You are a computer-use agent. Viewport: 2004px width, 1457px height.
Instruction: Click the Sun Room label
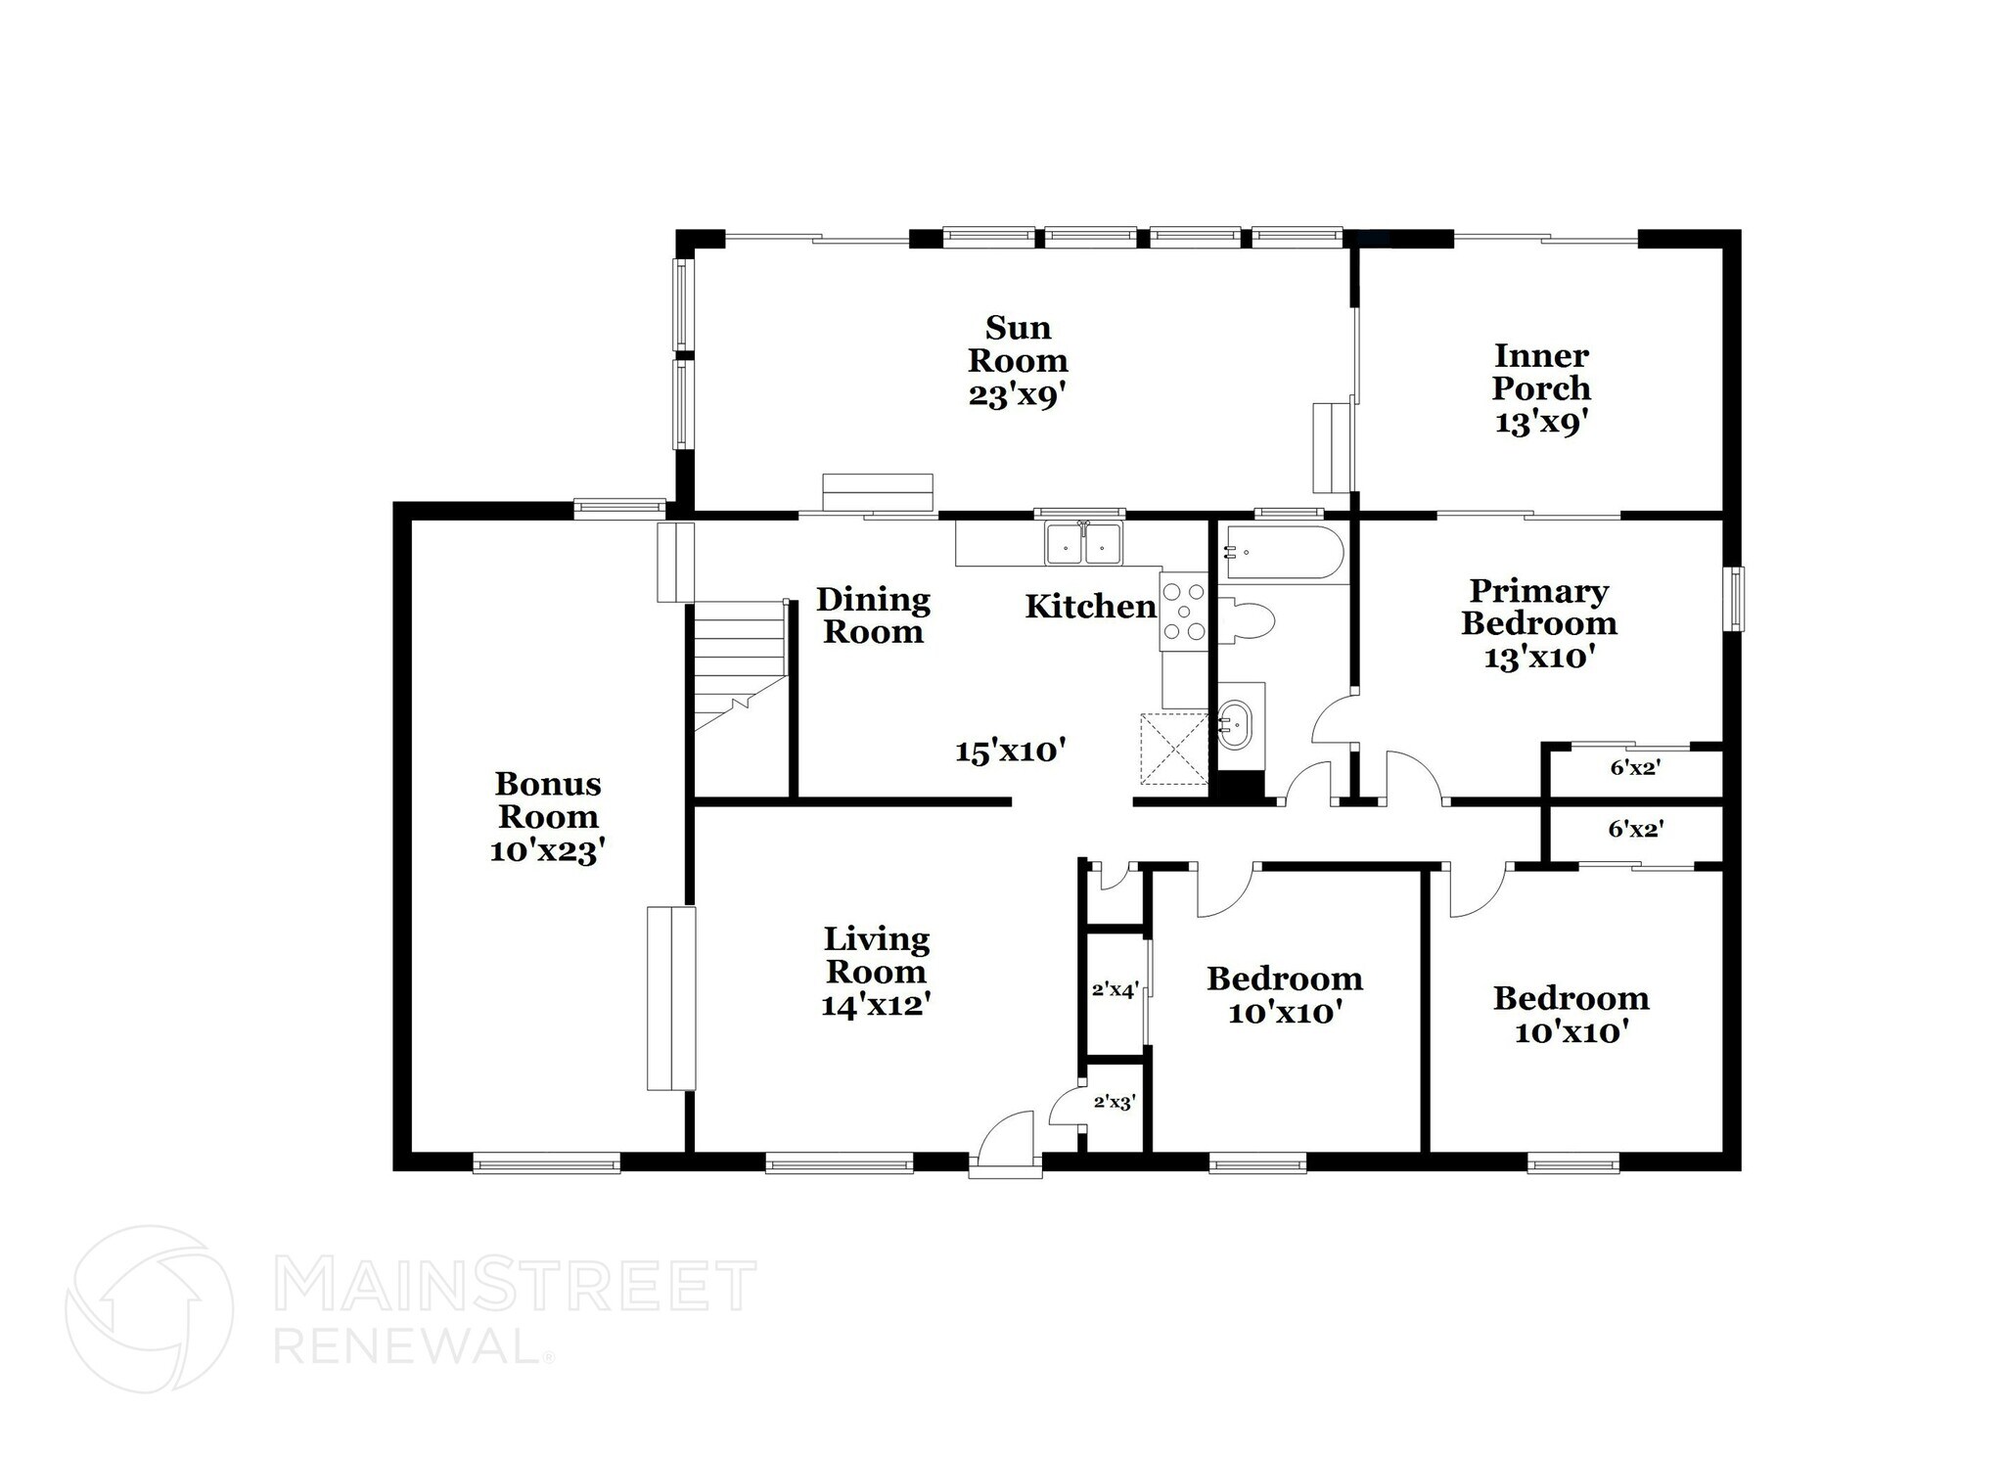[x=1018, y=343]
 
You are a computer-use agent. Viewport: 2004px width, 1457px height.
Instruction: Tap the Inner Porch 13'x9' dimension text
[x=1540, y=422]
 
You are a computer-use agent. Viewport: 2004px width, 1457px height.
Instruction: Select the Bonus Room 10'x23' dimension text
[x=547, y=851]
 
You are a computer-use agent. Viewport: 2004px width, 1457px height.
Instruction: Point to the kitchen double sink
[x=1083, y=544]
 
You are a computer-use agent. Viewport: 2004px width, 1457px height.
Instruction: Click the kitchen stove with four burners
[x=1183, y=612]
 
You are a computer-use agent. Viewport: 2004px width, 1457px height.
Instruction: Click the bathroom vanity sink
[x=1236, y=725]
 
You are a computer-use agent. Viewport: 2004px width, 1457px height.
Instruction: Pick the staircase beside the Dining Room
[x=740, y=665]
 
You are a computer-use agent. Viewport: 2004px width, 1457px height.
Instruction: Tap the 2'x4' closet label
[x=1115, y=989]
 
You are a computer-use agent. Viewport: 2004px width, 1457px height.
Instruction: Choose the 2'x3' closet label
[x=1114, y=1102]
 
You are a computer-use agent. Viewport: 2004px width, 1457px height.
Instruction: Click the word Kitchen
[x=1090, y=607]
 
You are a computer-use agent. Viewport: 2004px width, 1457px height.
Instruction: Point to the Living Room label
[x=876, y=955]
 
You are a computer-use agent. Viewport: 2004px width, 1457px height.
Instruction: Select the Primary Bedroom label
[x=1538, y=607]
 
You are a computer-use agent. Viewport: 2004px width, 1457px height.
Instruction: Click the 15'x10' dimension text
[x=1010, y=751]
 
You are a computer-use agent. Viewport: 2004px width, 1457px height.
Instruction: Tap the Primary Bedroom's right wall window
[x=1733, y=599]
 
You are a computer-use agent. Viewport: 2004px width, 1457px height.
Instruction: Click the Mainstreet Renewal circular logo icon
[x=150, y=1308]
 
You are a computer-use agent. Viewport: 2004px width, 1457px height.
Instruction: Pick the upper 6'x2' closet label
[x=1635, y=768]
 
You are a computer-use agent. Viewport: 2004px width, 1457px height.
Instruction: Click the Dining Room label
[x=873, y=615]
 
